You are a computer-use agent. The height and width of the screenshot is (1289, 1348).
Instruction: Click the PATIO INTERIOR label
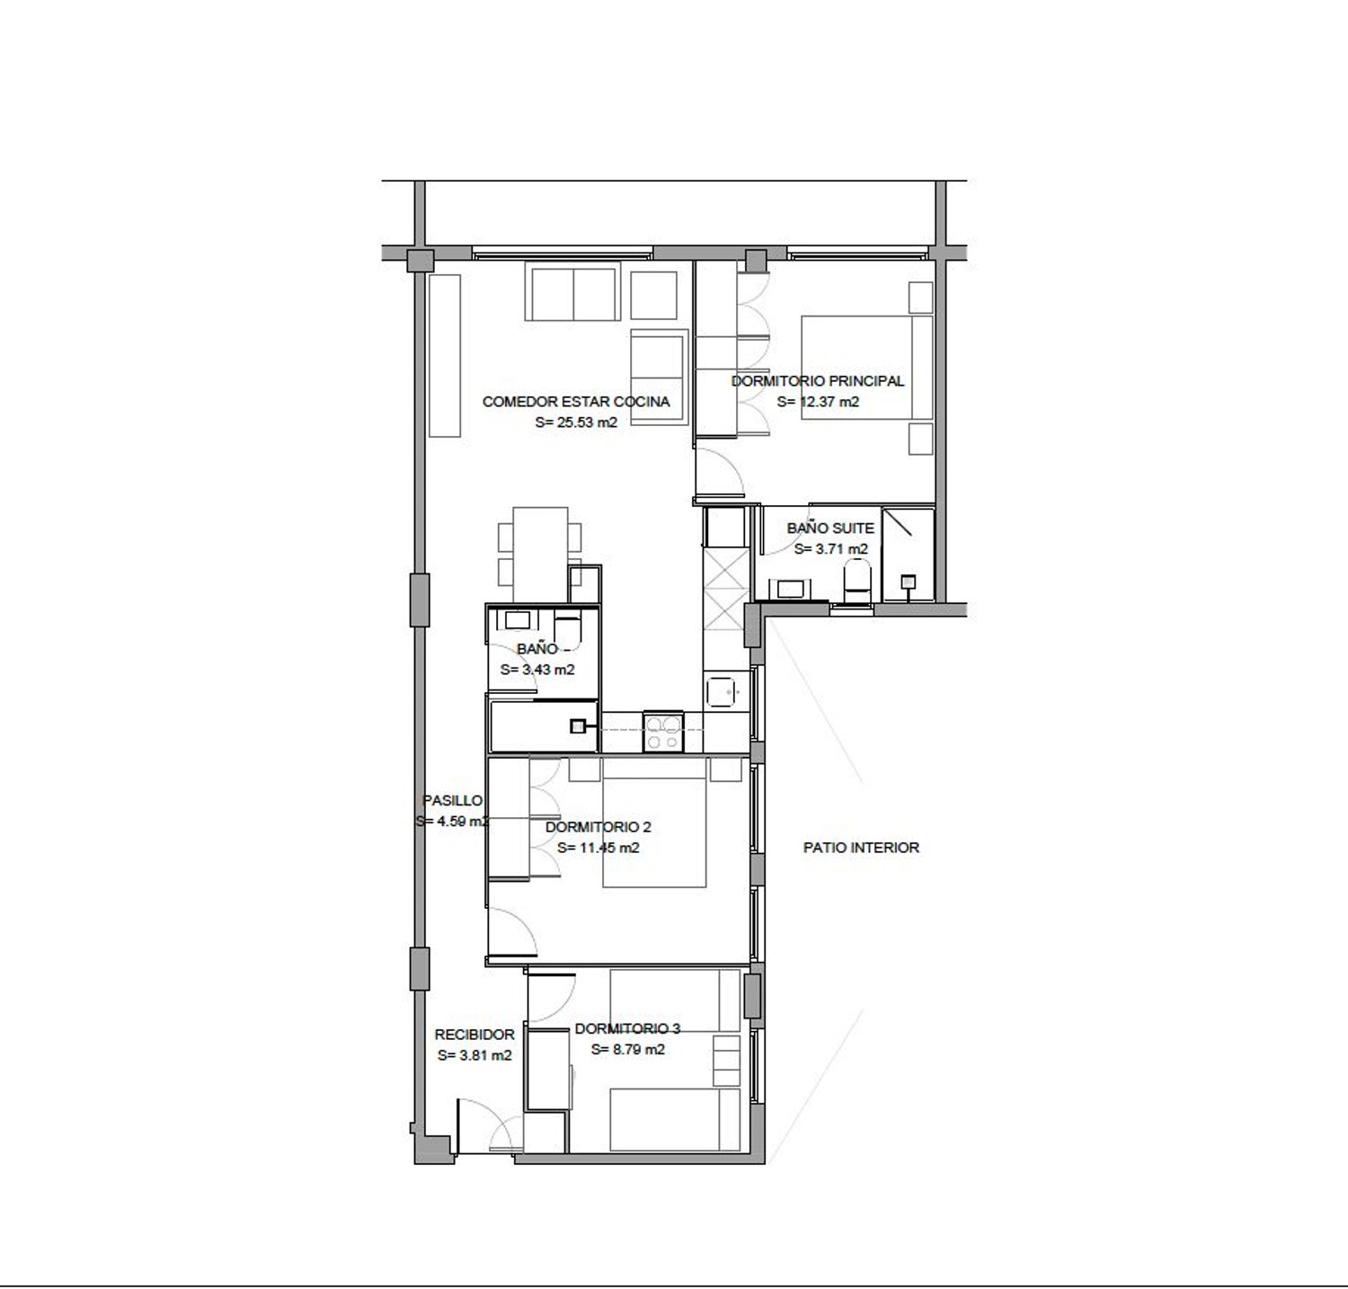[x=861, y=847]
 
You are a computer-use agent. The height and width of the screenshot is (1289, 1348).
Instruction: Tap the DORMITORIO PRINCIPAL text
[x=818, y=380]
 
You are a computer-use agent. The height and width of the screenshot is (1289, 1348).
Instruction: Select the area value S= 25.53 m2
[x=576, y=422]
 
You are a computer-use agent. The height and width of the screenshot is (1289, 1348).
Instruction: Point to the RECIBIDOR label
[x=474, y=1035]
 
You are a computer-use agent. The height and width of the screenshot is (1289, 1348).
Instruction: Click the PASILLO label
[x=453, y=800]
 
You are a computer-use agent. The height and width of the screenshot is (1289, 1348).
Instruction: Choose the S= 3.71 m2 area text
[x=831, y=548]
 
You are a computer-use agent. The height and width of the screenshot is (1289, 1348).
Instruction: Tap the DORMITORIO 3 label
[x=628, y=1028]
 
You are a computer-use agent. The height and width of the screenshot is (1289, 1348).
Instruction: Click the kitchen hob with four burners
[x=664, y=732]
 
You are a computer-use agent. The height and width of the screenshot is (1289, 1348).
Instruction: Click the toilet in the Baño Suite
[x=857, y=581]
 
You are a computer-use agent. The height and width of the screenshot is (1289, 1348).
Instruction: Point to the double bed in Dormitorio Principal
[x=866, y=367]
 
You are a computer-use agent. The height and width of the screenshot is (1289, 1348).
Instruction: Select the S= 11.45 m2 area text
[x=598, y=848]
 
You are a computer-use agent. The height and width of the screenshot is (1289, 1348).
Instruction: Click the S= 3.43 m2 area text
[x=537, y=670]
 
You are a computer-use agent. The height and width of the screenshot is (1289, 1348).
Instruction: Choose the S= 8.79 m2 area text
[x=628, y=1049]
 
